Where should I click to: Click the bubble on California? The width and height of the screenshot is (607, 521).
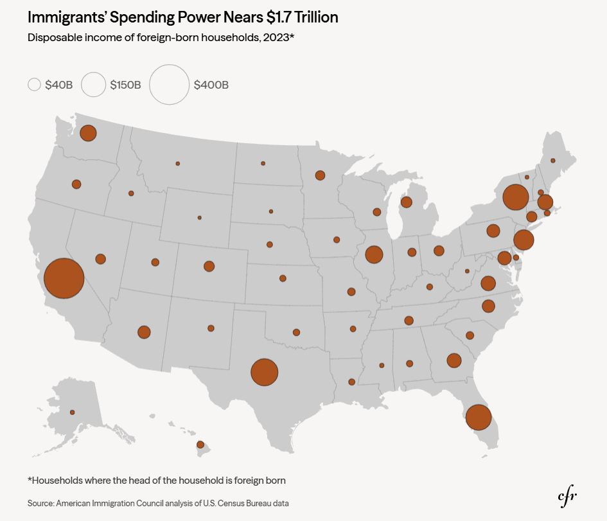(64, 278)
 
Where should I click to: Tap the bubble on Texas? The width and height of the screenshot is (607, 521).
(265, 373)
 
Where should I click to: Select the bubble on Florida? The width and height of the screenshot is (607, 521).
(479, 418)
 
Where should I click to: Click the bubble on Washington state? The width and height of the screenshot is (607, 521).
(88, 133)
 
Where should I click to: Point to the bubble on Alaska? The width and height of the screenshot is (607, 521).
(72, 412)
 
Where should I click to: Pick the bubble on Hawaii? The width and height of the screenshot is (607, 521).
(200, 445)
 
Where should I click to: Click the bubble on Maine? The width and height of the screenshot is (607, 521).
(553, 161)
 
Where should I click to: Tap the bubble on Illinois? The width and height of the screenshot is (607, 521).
(374, 254)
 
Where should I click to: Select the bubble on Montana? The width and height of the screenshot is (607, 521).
(178, 164)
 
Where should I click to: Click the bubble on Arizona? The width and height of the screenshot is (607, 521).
(144, 332)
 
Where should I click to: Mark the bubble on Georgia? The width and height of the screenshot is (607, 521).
(454, 360)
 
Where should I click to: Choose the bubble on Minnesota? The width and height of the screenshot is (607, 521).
(320, 175)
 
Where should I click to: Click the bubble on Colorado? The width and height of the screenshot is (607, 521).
(209, 267)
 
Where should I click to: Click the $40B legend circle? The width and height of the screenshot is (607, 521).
(35, 84)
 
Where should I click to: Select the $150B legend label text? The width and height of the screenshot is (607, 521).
(125, 85)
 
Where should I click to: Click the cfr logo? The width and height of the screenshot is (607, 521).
(567, 496)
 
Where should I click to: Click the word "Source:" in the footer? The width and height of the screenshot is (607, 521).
(40, 503)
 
